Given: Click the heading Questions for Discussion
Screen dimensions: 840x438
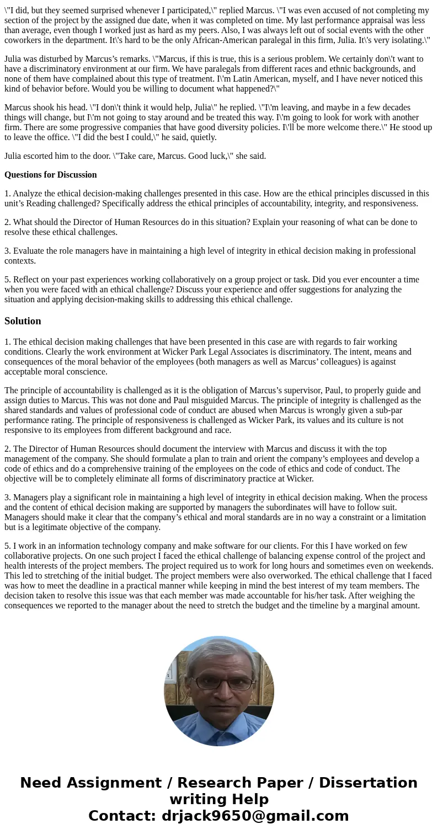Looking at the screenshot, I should pos(51,175).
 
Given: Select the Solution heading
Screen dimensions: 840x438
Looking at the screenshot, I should pos(23,321).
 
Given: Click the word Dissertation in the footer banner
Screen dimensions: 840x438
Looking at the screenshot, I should pos(368,783).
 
